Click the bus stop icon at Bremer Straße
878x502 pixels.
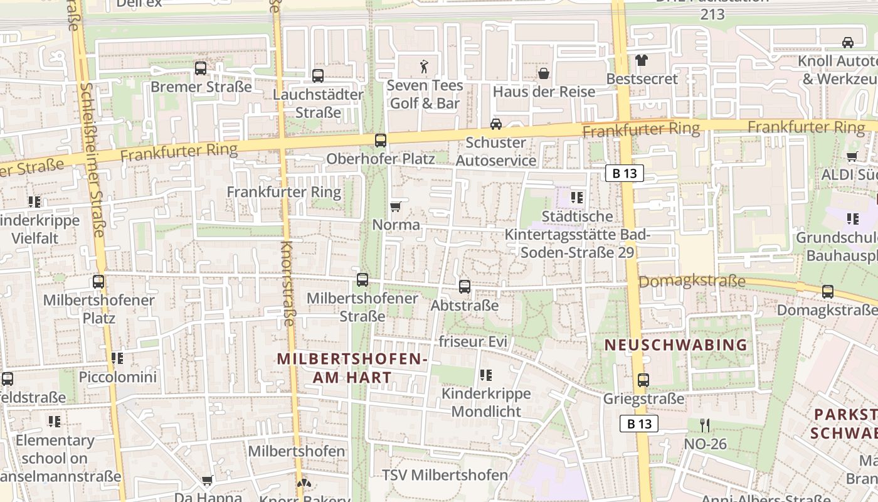(201, 68)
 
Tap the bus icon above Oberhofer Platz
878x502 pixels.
(381, 140)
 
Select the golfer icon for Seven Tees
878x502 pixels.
(425, 67)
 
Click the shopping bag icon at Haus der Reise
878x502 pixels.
(544, 73)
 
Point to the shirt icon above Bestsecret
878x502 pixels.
(641, 60)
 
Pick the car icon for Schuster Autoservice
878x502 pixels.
(496, 124)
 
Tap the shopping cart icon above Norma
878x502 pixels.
(396, 206)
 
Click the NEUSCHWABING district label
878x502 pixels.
(676, 344)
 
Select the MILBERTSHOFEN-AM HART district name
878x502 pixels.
(352, 368)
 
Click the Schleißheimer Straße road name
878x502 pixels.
(92, 160)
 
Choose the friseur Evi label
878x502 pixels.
(472, 342)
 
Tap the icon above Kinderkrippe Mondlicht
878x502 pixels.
(486, 375)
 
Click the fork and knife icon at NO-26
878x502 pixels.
(705, 425)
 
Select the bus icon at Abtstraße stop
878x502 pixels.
(465, 287)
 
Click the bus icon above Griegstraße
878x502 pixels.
(643, 380)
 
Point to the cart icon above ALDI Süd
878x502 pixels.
(852, 156)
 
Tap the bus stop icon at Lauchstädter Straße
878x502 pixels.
(318, 76)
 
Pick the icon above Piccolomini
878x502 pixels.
(117, 358)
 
